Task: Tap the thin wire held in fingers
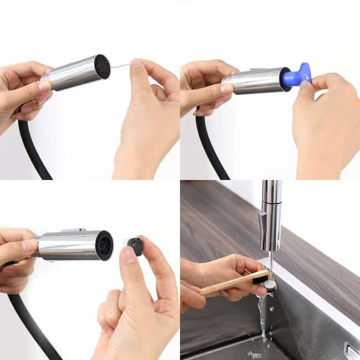point(120,66)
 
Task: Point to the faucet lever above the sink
point(261,220)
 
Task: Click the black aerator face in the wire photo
point(101,66)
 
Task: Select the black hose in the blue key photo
point(210,150)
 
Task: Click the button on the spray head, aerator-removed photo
point(74,230)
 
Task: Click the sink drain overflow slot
point(350,350)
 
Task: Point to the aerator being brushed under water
point(270,285)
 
